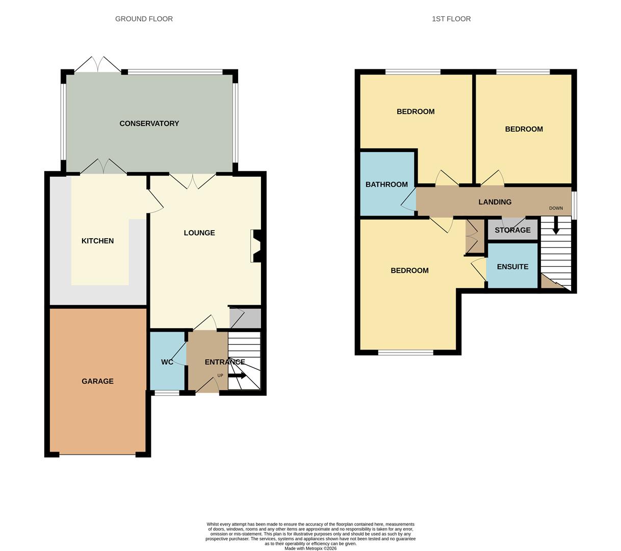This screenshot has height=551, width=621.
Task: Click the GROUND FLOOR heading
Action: coord(144,19)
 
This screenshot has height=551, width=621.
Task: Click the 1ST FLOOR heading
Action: coord(451,19)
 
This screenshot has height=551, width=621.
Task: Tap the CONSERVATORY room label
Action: coord(149,123)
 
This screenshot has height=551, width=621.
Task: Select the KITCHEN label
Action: coord(97,241)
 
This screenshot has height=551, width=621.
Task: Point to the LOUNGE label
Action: coord(199,233)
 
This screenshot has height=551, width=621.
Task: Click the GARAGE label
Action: coord(97,381)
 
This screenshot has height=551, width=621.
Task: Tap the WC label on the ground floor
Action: coord(167,362)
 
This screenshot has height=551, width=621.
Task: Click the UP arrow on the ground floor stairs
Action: coord(238,375)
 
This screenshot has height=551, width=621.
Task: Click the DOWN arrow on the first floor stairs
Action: coord(556,226)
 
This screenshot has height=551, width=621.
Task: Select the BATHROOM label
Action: coord(386,185)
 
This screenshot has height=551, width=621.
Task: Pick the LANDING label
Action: coord(495,202)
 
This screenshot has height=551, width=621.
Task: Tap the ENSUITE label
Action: coord(512,267)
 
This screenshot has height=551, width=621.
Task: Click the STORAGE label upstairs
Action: coord(512,230)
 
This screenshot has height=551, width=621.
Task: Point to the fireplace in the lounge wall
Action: coord(255,246)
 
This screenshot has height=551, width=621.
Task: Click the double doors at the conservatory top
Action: coord(98,65)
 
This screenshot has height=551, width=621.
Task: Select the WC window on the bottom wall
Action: coord(167,393)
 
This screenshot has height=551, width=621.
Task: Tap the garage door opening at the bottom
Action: coord(97,454)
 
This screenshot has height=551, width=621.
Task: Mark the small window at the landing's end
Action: coord(575,205)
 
